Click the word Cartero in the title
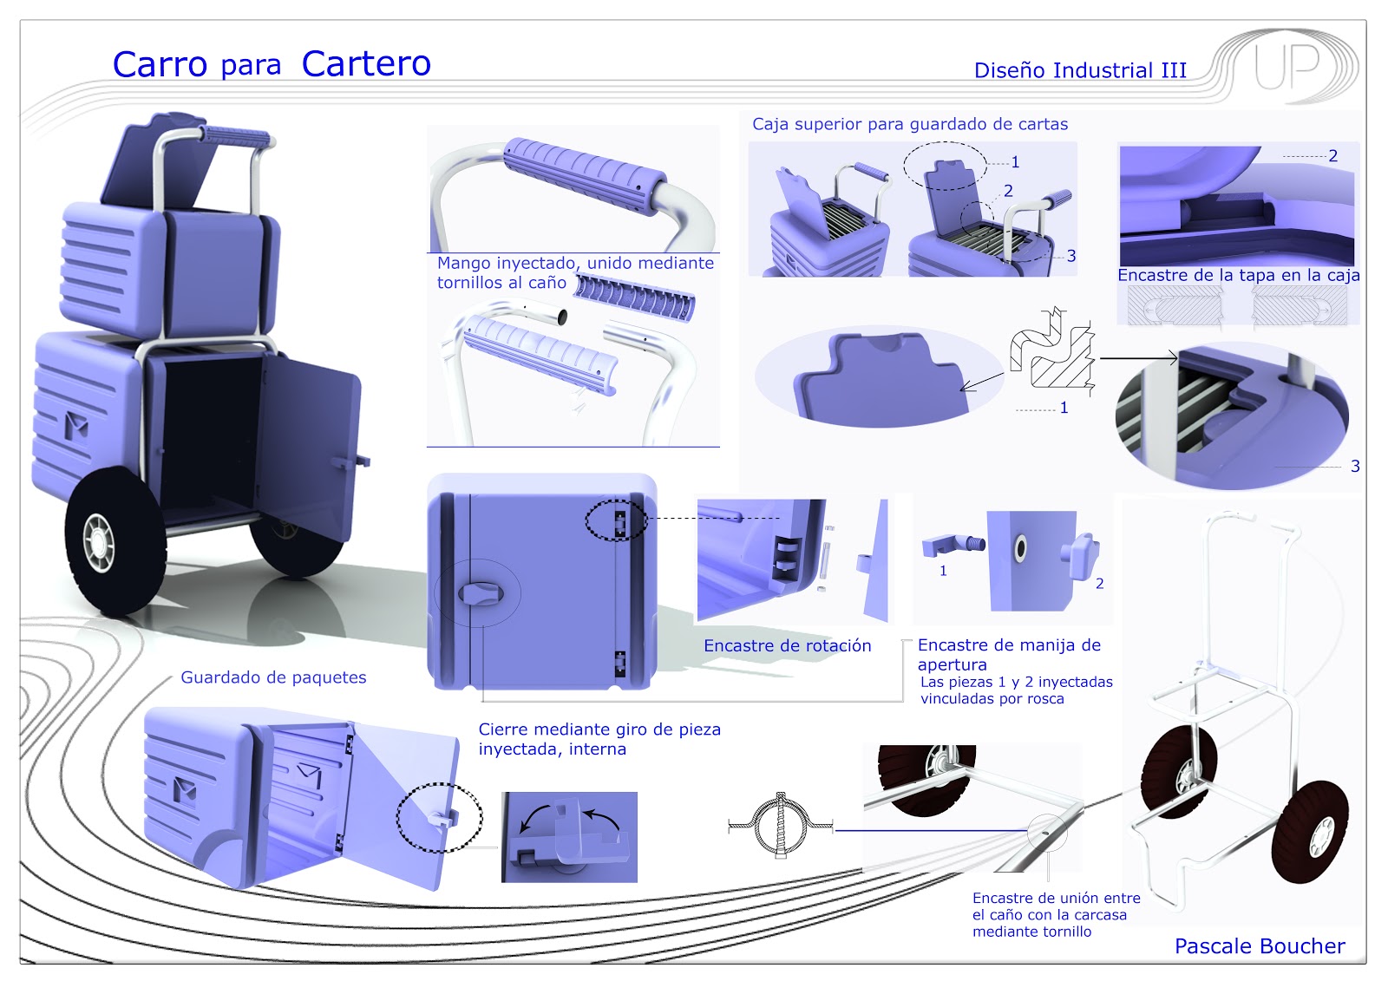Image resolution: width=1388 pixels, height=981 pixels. point(366,64)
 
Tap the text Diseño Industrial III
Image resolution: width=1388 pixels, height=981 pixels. point(1080,71)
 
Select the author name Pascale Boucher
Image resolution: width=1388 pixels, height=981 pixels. point(1259,946)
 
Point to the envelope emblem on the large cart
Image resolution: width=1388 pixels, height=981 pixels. point(77,425)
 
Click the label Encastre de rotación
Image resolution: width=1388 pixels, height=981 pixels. point(787,646)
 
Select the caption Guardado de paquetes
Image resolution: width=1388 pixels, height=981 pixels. point(273,677)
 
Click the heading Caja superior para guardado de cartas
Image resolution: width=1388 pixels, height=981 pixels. point(909,124)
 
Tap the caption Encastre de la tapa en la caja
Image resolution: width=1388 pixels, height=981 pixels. point(1238,276)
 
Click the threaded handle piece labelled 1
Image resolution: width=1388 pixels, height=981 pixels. point(951,545)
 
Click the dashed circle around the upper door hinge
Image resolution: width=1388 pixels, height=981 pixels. point(616,521)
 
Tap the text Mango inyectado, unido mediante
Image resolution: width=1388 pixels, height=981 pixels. point(575,263)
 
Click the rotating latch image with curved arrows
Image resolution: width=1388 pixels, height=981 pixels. point(569,837)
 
